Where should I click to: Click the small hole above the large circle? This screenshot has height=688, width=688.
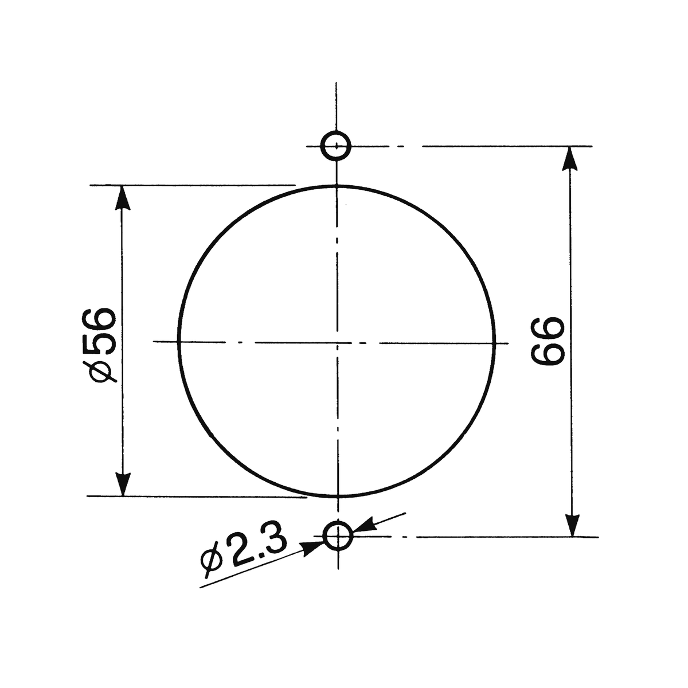click(x=335, y=146)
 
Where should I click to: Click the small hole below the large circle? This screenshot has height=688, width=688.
click(x=338, y=536)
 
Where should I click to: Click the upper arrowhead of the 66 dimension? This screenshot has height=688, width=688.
click(x=570, y=159)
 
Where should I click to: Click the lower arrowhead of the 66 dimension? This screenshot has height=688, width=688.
click(x=572, y=524)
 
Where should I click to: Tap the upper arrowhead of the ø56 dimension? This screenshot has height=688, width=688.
click(x=123, y=197)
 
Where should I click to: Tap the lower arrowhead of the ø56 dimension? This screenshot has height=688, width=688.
click(x=123, y=484)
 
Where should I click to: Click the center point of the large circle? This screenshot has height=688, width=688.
click(x=337, y=343)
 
